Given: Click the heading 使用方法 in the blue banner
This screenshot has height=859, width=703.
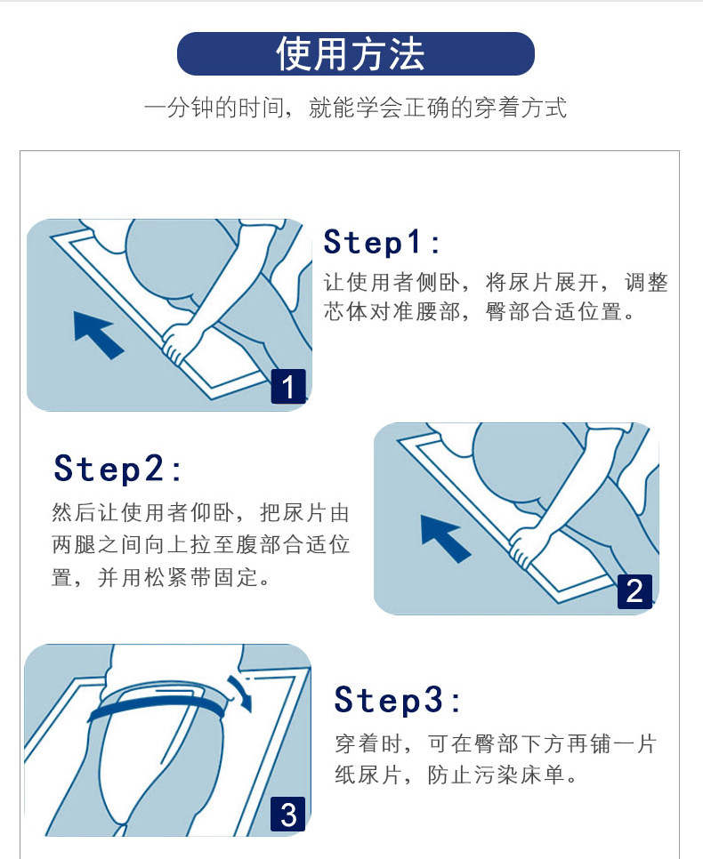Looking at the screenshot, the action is click(x=351, y=53).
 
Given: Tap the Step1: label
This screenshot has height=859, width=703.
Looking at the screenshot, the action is click(x=382, y=242).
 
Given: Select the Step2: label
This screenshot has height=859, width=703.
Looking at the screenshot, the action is click(x=117, y=469).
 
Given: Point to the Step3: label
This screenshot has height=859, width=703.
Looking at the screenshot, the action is click(x=398, y=700).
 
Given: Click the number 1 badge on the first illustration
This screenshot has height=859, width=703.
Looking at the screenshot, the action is click(x=288, y=387).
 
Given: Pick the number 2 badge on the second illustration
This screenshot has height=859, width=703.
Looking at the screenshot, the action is click(x=635, y=591).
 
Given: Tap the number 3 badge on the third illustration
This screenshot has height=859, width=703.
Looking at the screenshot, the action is click(x=288, y=814).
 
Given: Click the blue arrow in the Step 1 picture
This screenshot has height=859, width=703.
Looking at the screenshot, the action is click(x=99, y=334).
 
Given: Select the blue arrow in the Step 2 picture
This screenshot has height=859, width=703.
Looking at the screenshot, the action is click(x=445, y=539).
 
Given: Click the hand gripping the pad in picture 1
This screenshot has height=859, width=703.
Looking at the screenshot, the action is click(x=179, y=341).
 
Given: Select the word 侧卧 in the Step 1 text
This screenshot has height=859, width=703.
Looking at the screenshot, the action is click(x=438, y=283).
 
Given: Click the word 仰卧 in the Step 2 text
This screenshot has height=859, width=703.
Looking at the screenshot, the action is click(x=212, y=513).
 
